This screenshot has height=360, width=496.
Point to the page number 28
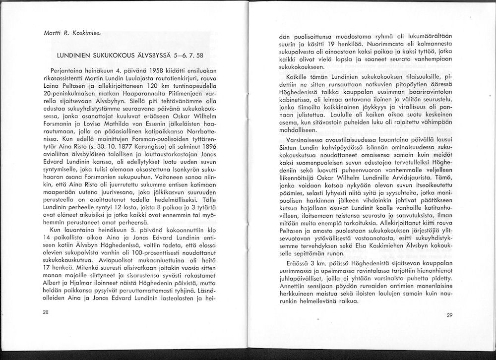(x=46, y=312)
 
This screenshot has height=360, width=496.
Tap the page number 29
(x=450, y=315)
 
